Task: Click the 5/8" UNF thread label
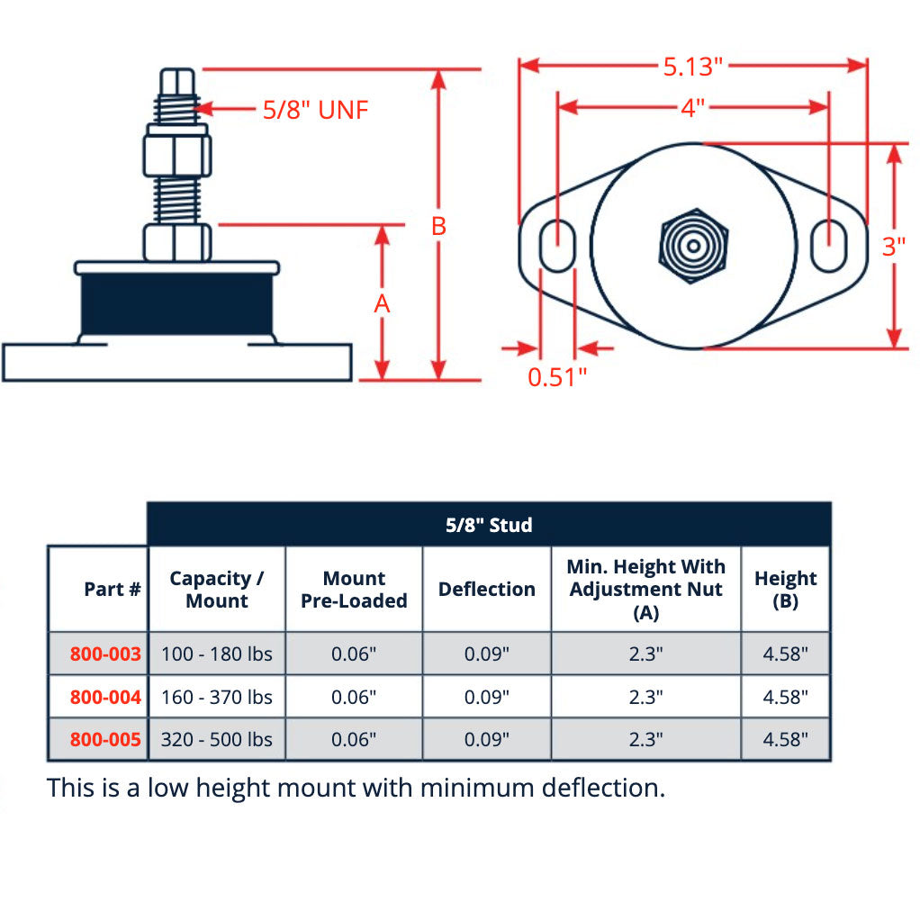(315, 110)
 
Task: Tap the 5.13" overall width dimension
(693, 66)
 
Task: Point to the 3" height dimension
(894, 246)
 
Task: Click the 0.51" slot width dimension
(556, 376)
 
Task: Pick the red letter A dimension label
(383, 304)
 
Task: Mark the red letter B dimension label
(438, 226)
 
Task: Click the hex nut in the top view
(692, 246)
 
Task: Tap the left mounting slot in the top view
(558, 245)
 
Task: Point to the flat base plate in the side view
(176, 362)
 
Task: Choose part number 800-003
(105, 654)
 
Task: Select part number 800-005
(105, 739)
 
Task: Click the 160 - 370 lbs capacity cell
(216, 697)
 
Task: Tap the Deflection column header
(486, 590)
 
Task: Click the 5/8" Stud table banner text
(489, 525)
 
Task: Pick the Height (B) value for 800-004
(785, 697)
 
